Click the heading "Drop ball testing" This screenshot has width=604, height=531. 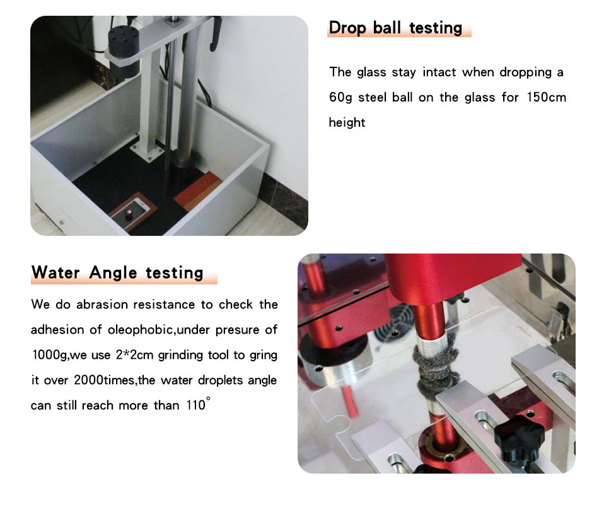(x=395, y=28)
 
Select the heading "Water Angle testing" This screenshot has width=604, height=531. (x=117, y=273)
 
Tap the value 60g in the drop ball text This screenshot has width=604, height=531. (x=340, y=98)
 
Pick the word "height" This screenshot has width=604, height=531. (x=347, y=122)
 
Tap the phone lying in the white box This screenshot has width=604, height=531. (x=131, y=213)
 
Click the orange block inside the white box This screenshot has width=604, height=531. (x=197, y=191)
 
